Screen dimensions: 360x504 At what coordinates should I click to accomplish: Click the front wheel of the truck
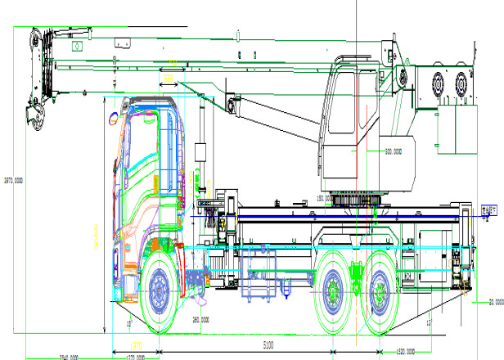click(160, 290)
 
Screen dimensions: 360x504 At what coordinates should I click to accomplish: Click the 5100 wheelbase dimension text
click(268, 346)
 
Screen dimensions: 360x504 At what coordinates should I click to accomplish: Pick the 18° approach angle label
click(129, 324)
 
